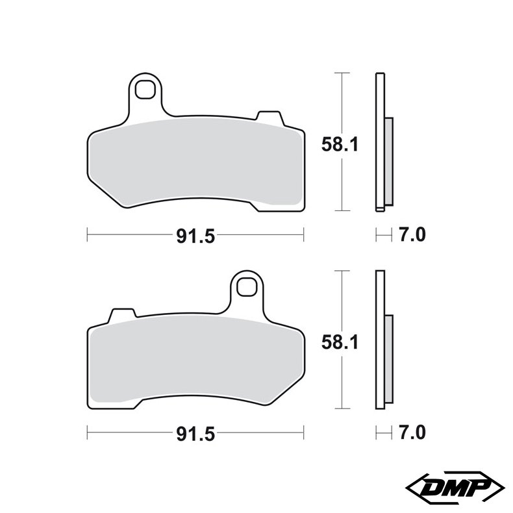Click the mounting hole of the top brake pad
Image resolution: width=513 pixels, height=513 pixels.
(145, 89)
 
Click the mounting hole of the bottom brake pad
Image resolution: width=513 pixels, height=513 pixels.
(247, 285)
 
